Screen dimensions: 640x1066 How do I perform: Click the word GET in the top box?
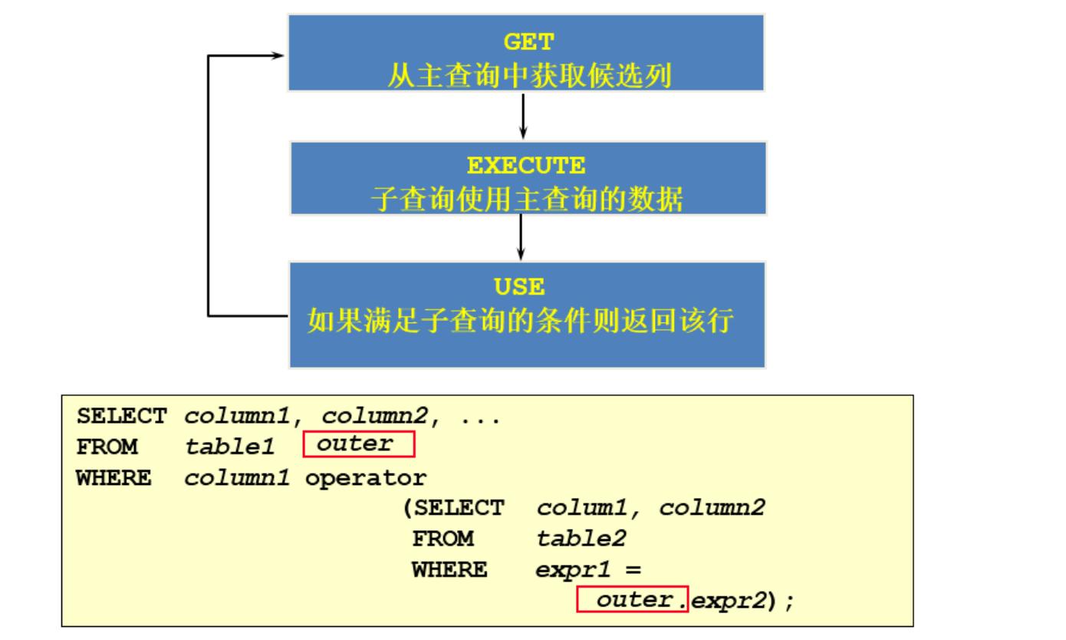coord(528,42)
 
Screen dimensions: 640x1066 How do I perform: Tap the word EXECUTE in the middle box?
coord(526,166)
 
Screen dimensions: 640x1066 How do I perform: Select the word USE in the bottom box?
coord(519,287)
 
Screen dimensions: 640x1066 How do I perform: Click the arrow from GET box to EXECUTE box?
coord(523,115)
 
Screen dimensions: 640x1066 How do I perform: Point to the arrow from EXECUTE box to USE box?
coord(521,237)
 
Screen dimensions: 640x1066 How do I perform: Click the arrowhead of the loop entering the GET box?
coord(278,55)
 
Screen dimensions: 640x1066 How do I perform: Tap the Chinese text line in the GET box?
coord(528,76)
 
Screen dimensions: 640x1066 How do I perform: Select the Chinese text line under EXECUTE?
coord(527,200)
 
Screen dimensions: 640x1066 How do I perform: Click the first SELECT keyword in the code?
coord(121,417)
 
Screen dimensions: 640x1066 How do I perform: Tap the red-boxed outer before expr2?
coord(633,599)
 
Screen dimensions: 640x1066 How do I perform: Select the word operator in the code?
coord(366,478)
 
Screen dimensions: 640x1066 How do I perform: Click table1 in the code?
coord(229,447)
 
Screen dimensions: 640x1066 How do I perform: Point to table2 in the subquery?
coord(581,539)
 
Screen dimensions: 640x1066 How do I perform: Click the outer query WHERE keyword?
coord(114,478)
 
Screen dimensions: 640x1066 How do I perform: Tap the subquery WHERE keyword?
coord(449,569)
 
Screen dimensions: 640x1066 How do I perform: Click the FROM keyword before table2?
coord(443,539)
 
